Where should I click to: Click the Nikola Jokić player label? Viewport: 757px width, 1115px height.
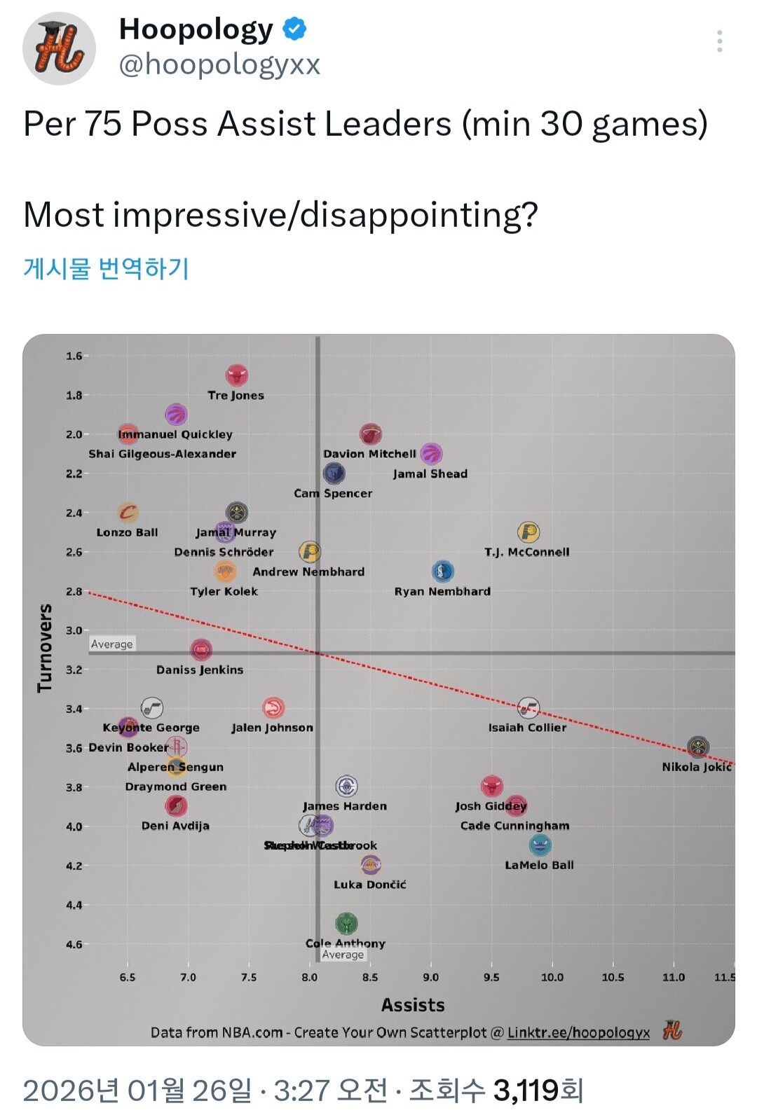pyautogui.click(x=697, y=767)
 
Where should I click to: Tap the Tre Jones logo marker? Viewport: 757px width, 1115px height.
pyautogui.click(x=237, y=376)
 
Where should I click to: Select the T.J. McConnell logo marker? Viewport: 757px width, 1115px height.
pyautogui.click(x=528, y=532)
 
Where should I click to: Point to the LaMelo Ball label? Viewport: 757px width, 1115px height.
pyautogui.click(x=539, y=865)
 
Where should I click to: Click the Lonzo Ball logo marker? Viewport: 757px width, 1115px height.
pyautogui.click(x=128, y=513)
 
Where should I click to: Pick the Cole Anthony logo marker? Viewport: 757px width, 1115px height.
pyautogui.click(x=346, y=924)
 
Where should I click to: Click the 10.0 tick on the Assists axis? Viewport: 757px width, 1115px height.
pyautogui.click(x=552, y=977)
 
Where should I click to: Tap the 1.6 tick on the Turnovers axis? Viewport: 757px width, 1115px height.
pyautogui.click(x=74, y=356)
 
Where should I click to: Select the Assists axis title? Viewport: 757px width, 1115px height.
pyautogui.click(x=413, y=1005)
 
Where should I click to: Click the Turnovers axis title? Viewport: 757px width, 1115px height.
pyautogui.click(x=45, y=648)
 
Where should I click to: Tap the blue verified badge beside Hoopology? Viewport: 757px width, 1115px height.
pyautogui.click(x=294, y=29)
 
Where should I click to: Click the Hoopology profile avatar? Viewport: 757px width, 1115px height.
pyautogui.click(x=60, y=48)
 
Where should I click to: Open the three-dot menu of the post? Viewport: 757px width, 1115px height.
pyautogui.click(x=719, y=42)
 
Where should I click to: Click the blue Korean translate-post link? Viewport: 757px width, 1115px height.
pyautogui.click(x=106, y=268)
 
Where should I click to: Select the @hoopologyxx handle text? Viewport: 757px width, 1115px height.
pyautogui.click(x=219, y=64)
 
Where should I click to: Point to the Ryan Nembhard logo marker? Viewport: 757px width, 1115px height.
pyautogui.click(x=442, y=572)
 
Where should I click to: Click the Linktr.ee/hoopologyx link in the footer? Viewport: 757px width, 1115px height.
pyautogui.click(x=578, y=1032)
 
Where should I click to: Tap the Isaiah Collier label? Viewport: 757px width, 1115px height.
pyautogui.click(x=527, y=728)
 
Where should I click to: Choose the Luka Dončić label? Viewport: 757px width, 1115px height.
pyautogui.click(x=369, y=885)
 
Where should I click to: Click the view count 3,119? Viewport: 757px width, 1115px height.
pyautogui.click(x=527, y=1090)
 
